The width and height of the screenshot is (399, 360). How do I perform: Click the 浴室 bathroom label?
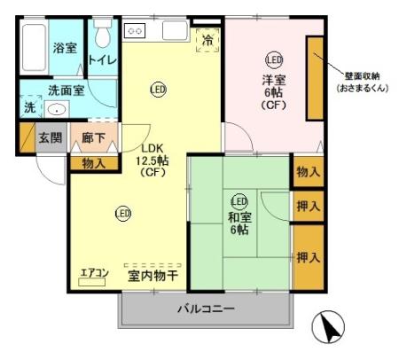click(64, 48)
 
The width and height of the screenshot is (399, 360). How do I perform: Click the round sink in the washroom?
click(56, 110)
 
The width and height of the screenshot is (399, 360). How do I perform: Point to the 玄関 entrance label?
click(50, 139)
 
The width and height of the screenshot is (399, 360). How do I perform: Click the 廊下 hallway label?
click(94, 139)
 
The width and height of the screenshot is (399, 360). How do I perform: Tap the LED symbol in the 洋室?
click(274, 60)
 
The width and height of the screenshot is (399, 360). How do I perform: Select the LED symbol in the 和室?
click(239, 200)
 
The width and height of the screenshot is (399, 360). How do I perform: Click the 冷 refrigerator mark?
click(207, 40)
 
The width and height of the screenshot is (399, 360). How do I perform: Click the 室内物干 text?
click(152, 275)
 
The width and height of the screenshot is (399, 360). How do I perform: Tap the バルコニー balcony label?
click(205, 309)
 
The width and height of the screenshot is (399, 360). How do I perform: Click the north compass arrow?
click(329, 329)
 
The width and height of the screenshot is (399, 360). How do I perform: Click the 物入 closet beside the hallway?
click(93, 163)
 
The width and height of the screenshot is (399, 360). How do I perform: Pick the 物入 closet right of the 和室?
click(309, 171)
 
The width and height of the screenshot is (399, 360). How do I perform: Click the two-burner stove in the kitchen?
click(137, 30)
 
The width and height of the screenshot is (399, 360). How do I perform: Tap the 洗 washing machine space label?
click(28, 108)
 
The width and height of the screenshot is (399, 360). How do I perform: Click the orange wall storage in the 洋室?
click(315, 78)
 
